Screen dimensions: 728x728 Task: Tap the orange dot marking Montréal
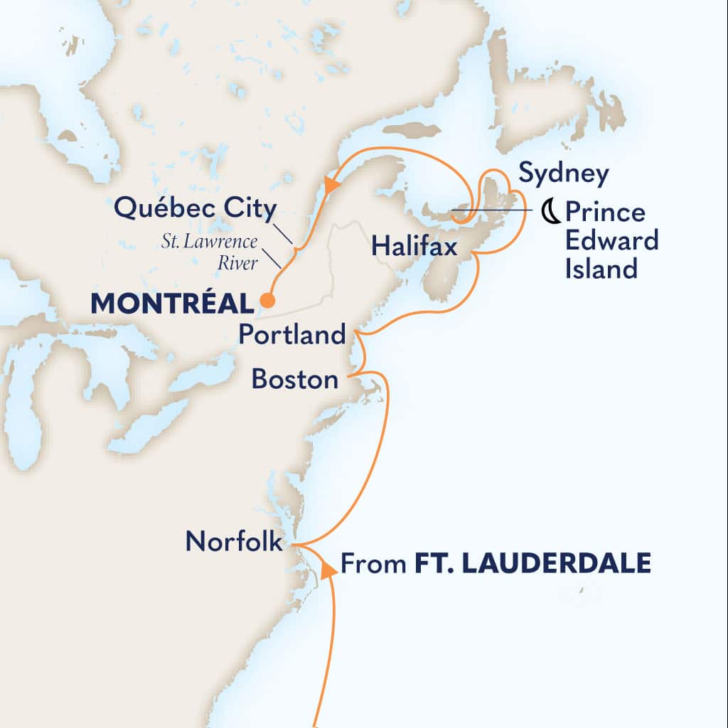267,301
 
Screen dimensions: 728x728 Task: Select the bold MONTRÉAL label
173,304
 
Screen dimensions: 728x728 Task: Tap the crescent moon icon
549,211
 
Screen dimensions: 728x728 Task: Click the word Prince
605,213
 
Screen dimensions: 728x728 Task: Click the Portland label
291,335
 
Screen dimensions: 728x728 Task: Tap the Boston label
295,380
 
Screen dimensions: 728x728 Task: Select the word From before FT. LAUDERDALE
374,565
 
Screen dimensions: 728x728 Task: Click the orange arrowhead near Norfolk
328,569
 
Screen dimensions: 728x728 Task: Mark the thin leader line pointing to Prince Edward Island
493,210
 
